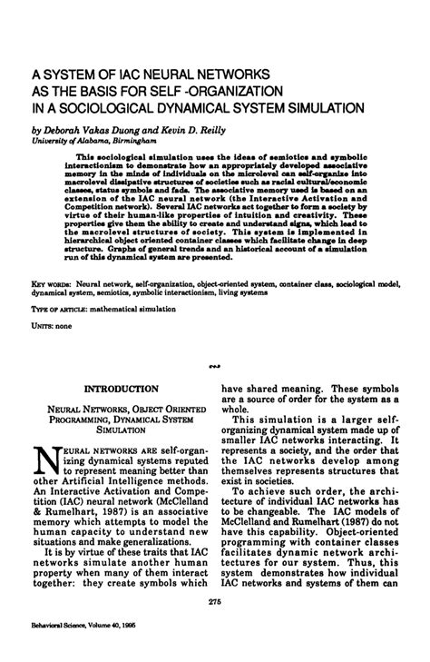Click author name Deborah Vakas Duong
pos(90,126)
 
